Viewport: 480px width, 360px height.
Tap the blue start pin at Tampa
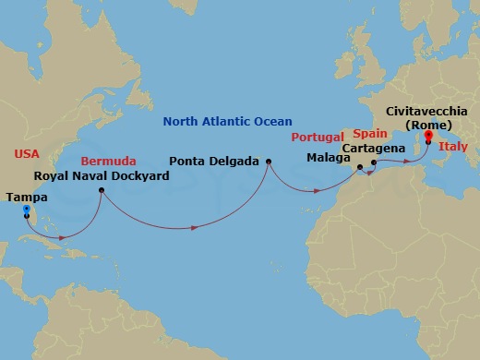[x=26, y=210]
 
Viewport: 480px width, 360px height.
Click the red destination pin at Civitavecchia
[x=427, y=145]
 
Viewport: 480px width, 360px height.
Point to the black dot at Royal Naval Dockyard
[x=102, y=191]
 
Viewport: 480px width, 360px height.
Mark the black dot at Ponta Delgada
[x=269, y=163]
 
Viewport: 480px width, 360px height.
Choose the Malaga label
[x=330, y=157]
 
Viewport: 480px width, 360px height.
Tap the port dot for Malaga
[x=359, y=168]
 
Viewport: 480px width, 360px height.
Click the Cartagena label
[x=373, y=147]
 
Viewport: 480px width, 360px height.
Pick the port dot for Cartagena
[x=373, y=163]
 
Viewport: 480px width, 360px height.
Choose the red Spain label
[x=369, y=133]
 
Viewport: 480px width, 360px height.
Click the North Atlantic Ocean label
[x=227, y=121]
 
